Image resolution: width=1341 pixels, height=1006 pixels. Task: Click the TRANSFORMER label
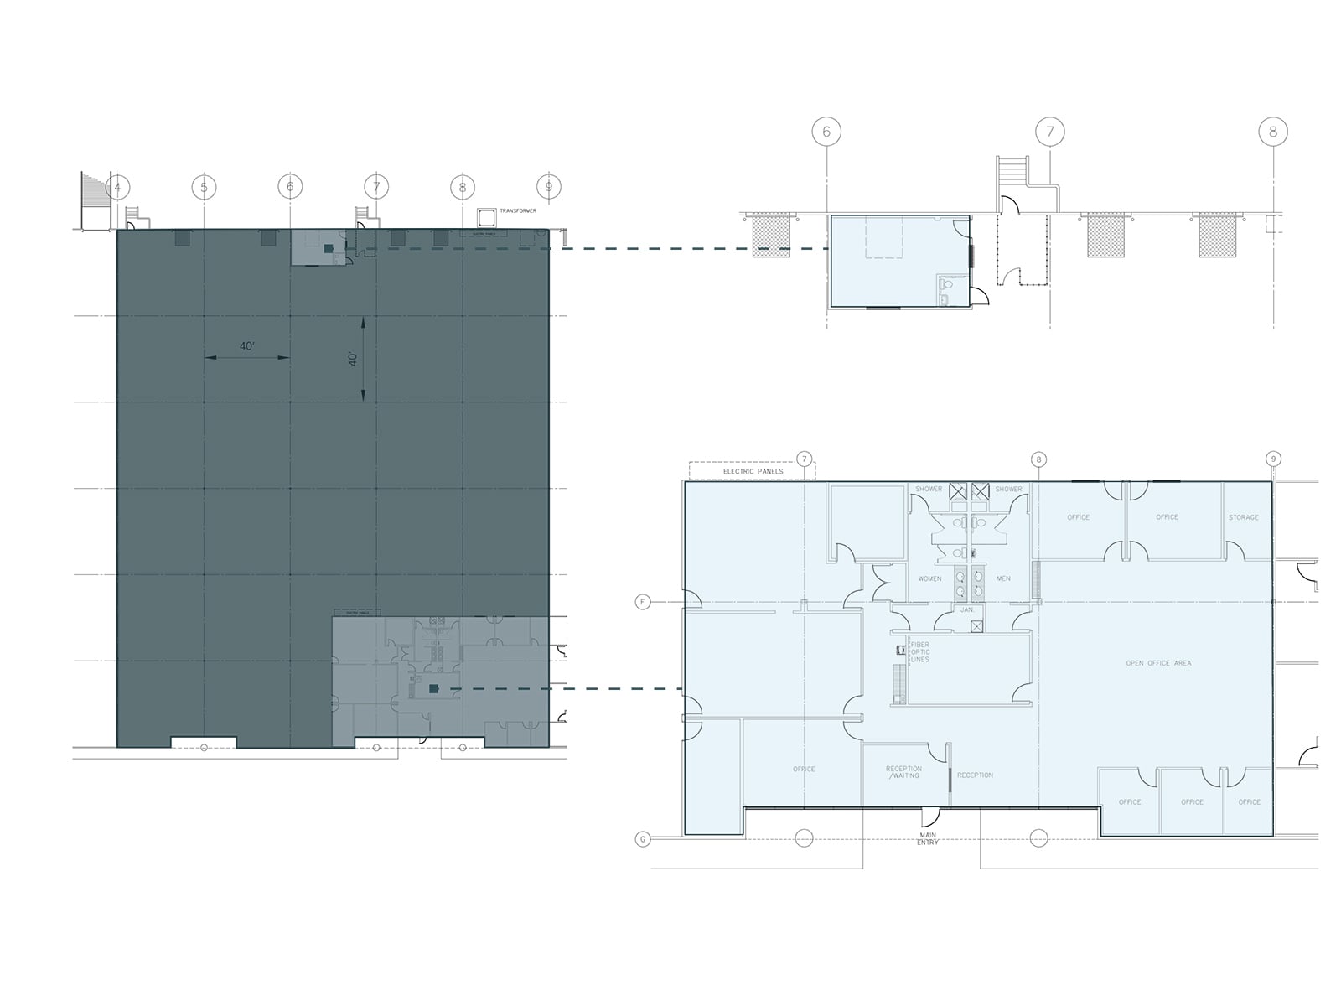click(x=517, y=210)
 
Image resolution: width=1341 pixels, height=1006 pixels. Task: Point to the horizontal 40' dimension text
click(x=246, y=346)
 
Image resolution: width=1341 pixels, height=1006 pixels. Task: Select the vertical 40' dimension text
click(x=354, y=358)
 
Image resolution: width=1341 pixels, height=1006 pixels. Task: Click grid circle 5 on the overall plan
click(x=204, y=186)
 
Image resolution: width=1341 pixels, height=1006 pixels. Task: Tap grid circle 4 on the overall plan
click(x=117, y=187)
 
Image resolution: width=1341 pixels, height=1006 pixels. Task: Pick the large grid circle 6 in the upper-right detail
click(x=826, y=132)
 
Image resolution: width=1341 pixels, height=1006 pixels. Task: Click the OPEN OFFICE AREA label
click(x=1158, y=663)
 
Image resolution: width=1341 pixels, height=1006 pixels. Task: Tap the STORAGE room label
click(x=1243, y=517)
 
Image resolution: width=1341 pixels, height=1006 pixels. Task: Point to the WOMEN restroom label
click(x=929, y=578)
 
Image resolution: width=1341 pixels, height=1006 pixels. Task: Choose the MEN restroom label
click(x=1003, y=578)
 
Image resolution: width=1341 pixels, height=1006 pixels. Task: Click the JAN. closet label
click(x=967, y=609)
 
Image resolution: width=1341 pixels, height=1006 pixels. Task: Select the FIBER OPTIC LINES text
click(x=919, y=651)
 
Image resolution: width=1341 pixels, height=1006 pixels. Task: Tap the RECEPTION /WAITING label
click(x=903, y=772)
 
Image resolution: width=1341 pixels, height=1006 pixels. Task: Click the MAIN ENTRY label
click(x=927, y=837)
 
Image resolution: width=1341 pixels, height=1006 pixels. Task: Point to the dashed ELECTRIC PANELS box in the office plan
click(x=752, y=470)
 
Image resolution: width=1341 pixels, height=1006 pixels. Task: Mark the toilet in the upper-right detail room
click(x=946, y=286)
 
